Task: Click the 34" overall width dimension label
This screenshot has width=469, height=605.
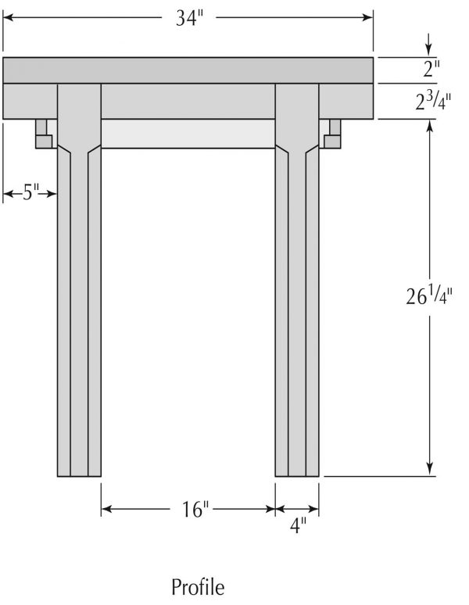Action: click(188, 18)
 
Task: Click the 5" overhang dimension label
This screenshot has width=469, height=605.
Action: click(30, 193)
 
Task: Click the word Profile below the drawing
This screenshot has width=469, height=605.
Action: click(198, 586)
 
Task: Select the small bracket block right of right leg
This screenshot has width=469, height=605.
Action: click(332, 134)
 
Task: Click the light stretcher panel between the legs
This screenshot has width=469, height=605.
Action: click(188, 134)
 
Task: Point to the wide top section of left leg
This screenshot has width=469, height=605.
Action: click(79, 113)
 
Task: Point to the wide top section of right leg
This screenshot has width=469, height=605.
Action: click(297, 113)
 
